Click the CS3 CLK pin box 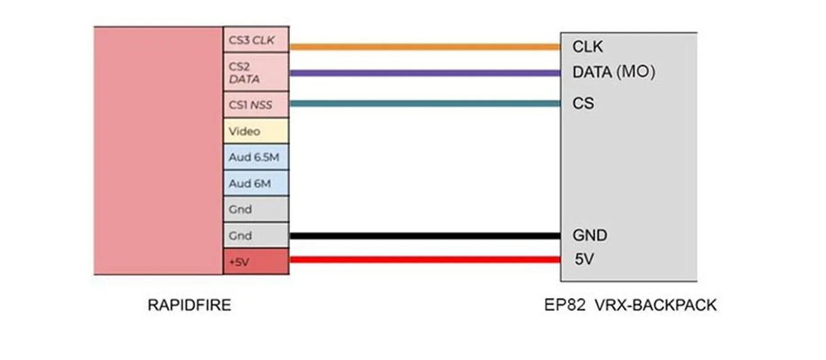pyautogui.click(x=256, y=40)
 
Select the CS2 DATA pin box pyautogui.click(x=256, y=72)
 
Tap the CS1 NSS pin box pyautogui.click(x=256, y=105)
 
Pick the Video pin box pyautogui.click(x=256, y=131)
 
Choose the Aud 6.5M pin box pyautogui.click(x=256, y=157)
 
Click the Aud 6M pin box pyautogui.click(x=256, y=183)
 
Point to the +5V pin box pyautogui.click(x=256, y=261)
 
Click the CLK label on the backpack pyautogui.click(x=587, y=47)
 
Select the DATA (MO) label pyautogui.click(x=614, y=72)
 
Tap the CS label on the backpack pyautogui.click(x=583, y=103)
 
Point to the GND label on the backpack pyautogui.click(x=590, y=235)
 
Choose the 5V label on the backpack pyautogui.click(x=584, y=259)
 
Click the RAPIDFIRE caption pyautogui.click(x=189, y=305)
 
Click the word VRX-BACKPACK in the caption pyautogui.click(x=655, y=305)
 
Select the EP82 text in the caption pyautogui.click(x=564, y=305)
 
